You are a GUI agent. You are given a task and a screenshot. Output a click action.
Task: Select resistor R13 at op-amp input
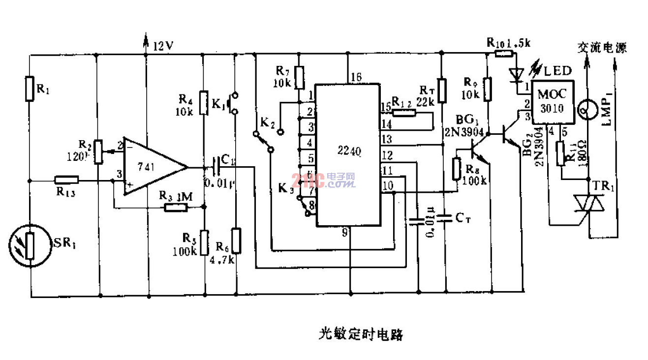[x=66, y=180]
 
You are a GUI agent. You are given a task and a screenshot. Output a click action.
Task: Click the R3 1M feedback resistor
[x=176, y=207]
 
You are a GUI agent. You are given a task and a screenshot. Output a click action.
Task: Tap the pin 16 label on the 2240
[x=356, y=77]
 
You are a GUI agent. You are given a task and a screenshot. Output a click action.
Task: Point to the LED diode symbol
[x=515, y=74]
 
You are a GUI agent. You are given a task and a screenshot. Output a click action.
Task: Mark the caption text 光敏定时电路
[x=360, y=334]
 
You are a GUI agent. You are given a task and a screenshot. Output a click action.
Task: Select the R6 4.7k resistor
[x=237, y=240]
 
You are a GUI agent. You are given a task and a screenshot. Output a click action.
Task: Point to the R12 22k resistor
[x=404, y=113]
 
